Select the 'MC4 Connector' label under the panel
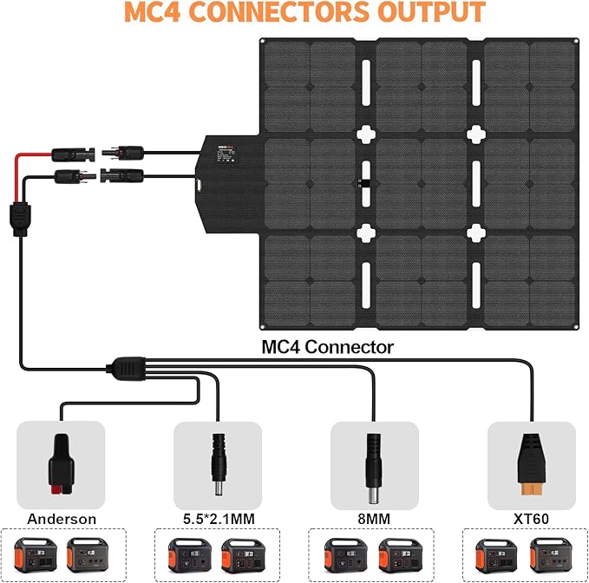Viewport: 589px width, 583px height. tap(328, 347)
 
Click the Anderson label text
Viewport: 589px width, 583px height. tap(61, 519)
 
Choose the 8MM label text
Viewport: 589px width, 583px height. tap(375, 519)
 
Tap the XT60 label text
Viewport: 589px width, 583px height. tap(531, 519)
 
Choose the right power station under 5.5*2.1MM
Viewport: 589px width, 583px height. tap(239, 555)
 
